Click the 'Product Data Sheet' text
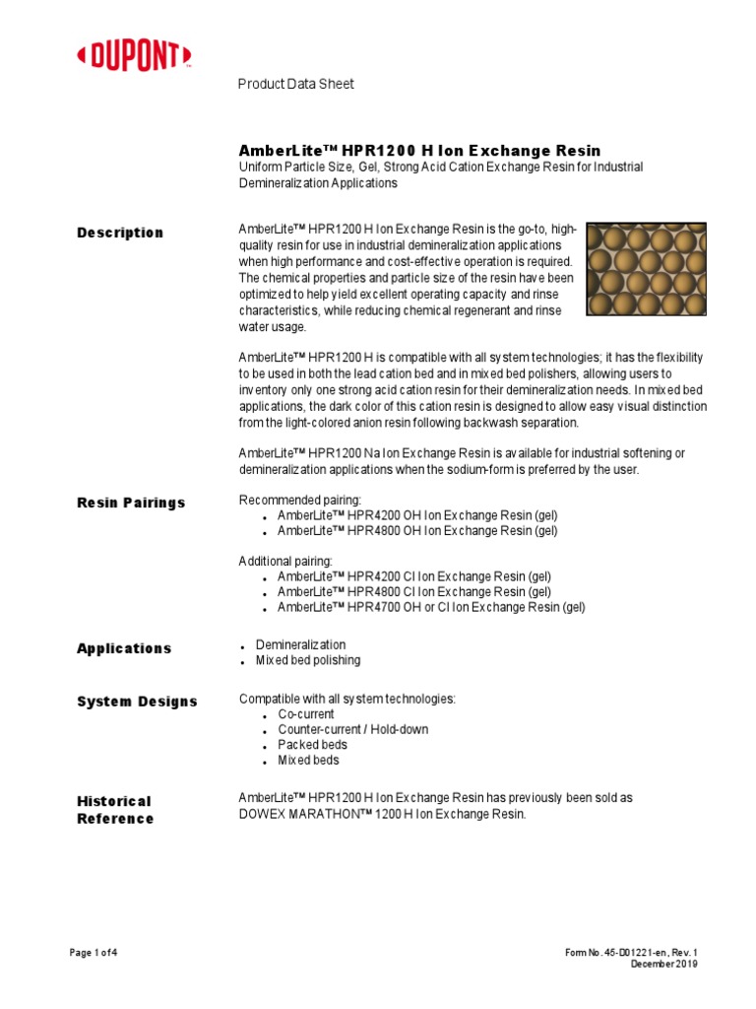[x=295, y=85]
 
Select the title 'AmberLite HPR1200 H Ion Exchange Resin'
[x=419, y=151]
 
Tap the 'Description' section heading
[x=120, y=233]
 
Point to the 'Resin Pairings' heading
[x=131, y=503]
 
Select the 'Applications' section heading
[x=124, y=648]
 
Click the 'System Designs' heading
[x=137, y=702]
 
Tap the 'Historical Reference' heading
[x=115, y=810]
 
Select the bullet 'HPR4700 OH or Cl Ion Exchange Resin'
[x=430, y=608]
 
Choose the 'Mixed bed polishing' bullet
[x=308, y=660]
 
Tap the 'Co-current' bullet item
[x=306, y=713]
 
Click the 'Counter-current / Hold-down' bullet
[x=352, y=729]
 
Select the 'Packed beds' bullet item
[x=312, y=745]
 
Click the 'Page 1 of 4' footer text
[x=94, y=953]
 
